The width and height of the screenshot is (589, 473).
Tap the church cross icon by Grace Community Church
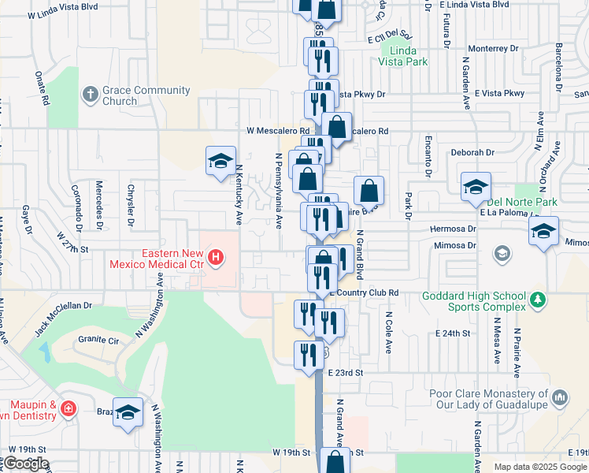[x=91, y=95]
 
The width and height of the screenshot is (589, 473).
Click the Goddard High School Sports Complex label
[x=472, y=300]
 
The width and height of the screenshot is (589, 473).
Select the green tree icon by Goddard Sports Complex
[x=537, y=300]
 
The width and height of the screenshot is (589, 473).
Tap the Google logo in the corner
[x=25, y=464]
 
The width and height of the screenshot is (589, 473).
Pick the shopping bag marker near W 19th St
[x=335, y=462]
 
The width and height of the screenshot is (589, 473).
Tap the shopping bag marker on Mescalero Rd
[x=336, y=127]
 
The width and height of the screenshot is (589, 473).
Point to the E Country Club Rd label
[x=363, y=292]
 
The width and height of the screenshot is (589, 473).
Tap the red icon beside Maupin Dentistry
[x=69, y=408]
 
